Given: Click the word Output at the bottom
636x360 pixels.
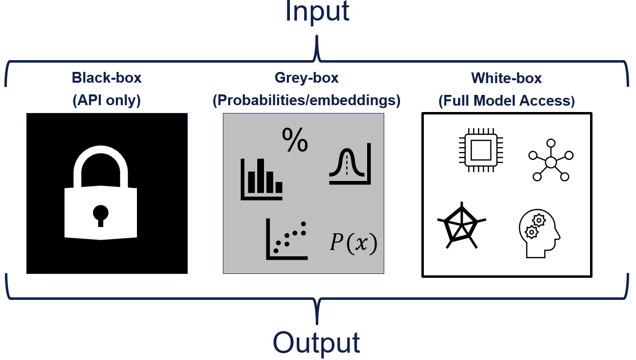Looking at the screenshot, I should point(316,342).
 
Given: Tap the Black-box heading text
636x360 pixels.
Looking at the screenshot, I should point(107,78).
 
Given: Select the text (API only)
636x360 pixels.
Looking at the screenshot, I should point(107,101).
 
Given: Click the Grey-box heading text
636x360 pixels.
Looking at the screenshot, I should point(307,78).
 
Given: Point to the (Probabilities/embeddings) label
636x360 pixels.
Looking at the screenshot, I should point(307,101).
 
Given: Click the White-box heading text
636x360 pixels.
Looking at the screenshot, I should point(506,78).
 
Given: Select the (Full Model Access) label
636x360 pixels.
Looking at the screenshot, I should point(506,101).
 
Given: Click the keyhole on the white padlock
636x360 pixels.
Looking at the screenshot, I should point(101,213).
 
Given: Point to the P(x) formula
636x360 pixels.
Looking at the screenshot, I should point(353,244).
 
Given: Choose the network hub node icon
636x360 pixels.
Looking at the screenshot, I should point(550,161).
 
